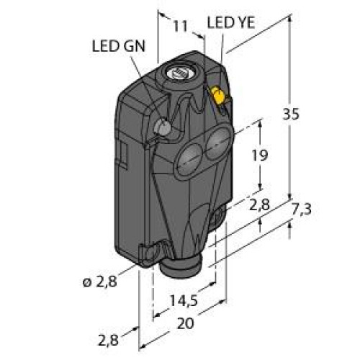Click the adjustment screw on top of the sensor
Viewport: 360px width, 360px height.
click(x=177, y=73)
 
